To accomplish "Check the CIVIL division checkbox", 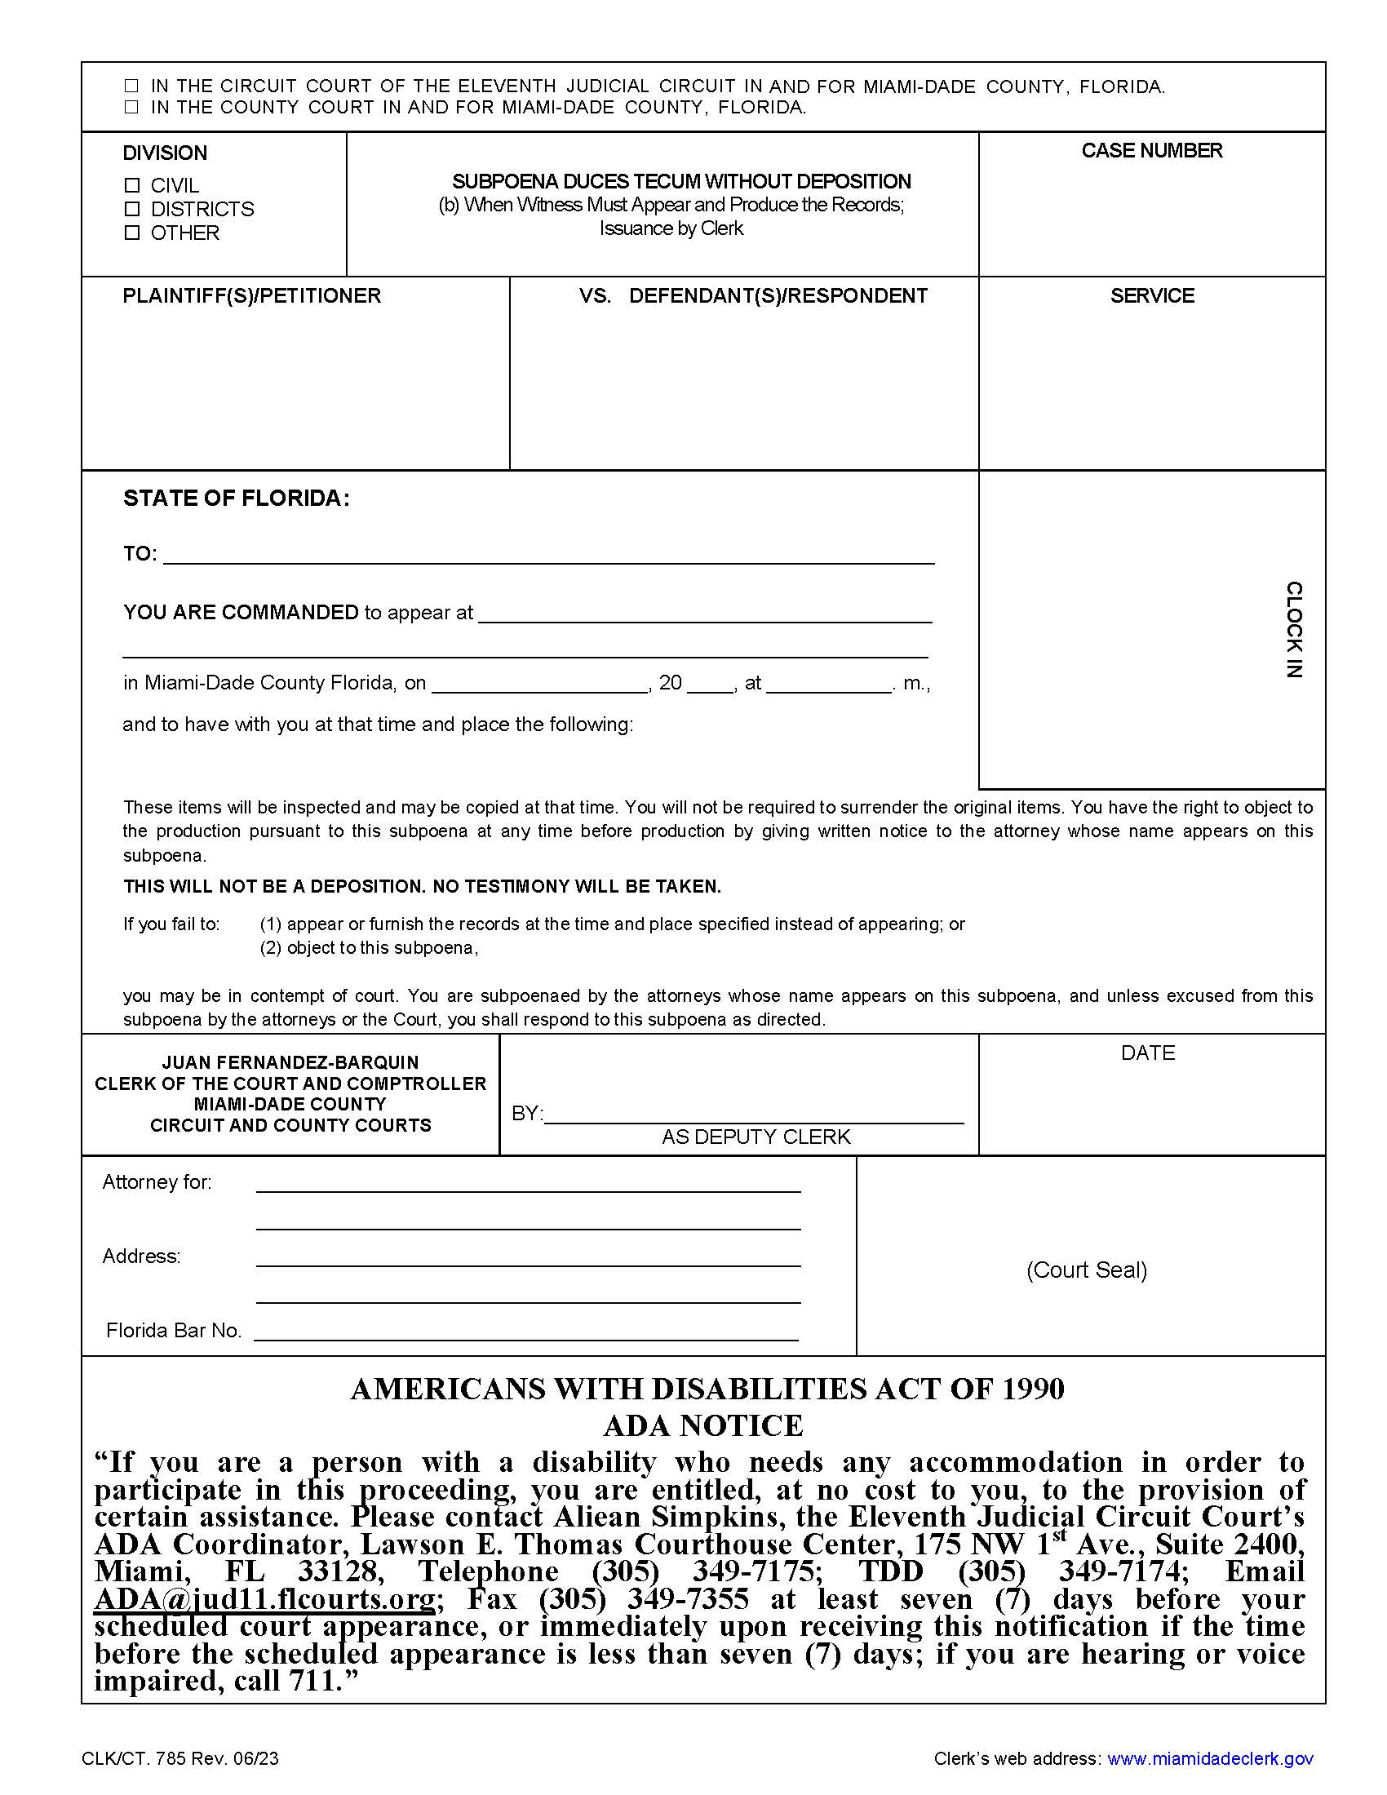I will (131, 186).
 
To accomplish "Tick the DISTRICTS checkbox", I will (131, 209).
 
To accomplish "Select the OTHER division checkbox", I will (131, 233).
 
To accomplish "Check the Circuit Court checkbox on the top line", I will (131, 86).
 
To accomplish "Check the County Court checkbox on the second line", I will (131, 107).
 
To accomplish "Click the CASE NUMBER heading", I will (1151, 151).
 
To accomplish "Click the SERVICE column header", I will (1151, 296).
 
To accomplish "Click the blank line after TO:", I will (549, 556).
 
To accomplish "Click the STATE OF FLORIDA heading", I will (237, 499).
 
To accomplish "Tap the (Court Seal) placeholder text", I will (1086, 1270).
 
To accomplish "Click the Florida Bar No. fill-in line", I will (526, 1332).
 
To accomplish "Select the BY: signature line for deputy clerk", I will (754, 1115).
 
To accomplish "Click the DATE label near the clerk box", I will (1147, 1053).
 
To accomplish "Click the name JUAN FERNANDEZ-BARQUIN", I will (290, 1062).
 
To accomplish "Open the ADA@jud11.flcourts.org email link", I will (264, 1599).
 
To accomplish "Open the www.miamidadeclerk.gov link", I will (1209, 1758).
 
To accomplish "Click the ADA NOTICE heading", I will (703, 1425).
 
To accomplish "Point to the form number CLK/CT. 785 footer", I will (180, 1758).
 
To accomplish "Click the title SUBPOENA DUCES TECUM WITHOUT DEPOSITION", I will (681, 182).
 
